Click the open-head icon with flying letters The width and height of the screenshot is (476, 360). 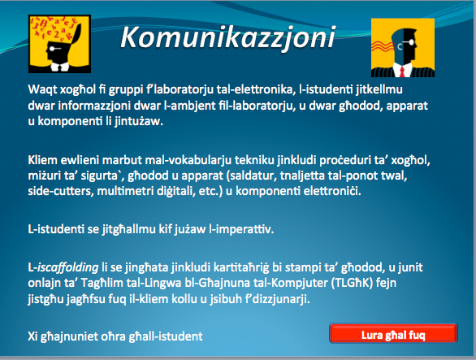pos(59,44)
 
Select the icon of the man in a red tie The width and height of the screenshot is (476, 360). pos(403,48)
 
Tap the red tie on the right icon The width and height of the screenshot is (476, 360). pos(402,72)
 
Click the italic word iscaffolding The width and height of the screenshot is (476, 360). pos(67,267)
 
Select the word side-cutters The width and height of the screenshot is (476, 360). pos(61,192)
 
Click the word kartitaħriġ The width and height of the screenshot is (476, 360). pos(241,267)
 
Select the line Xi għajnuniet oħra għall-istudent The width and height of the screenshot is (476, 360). pos(115,336)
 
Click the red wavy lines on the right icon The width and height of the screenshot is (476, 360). pos(383,46)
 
